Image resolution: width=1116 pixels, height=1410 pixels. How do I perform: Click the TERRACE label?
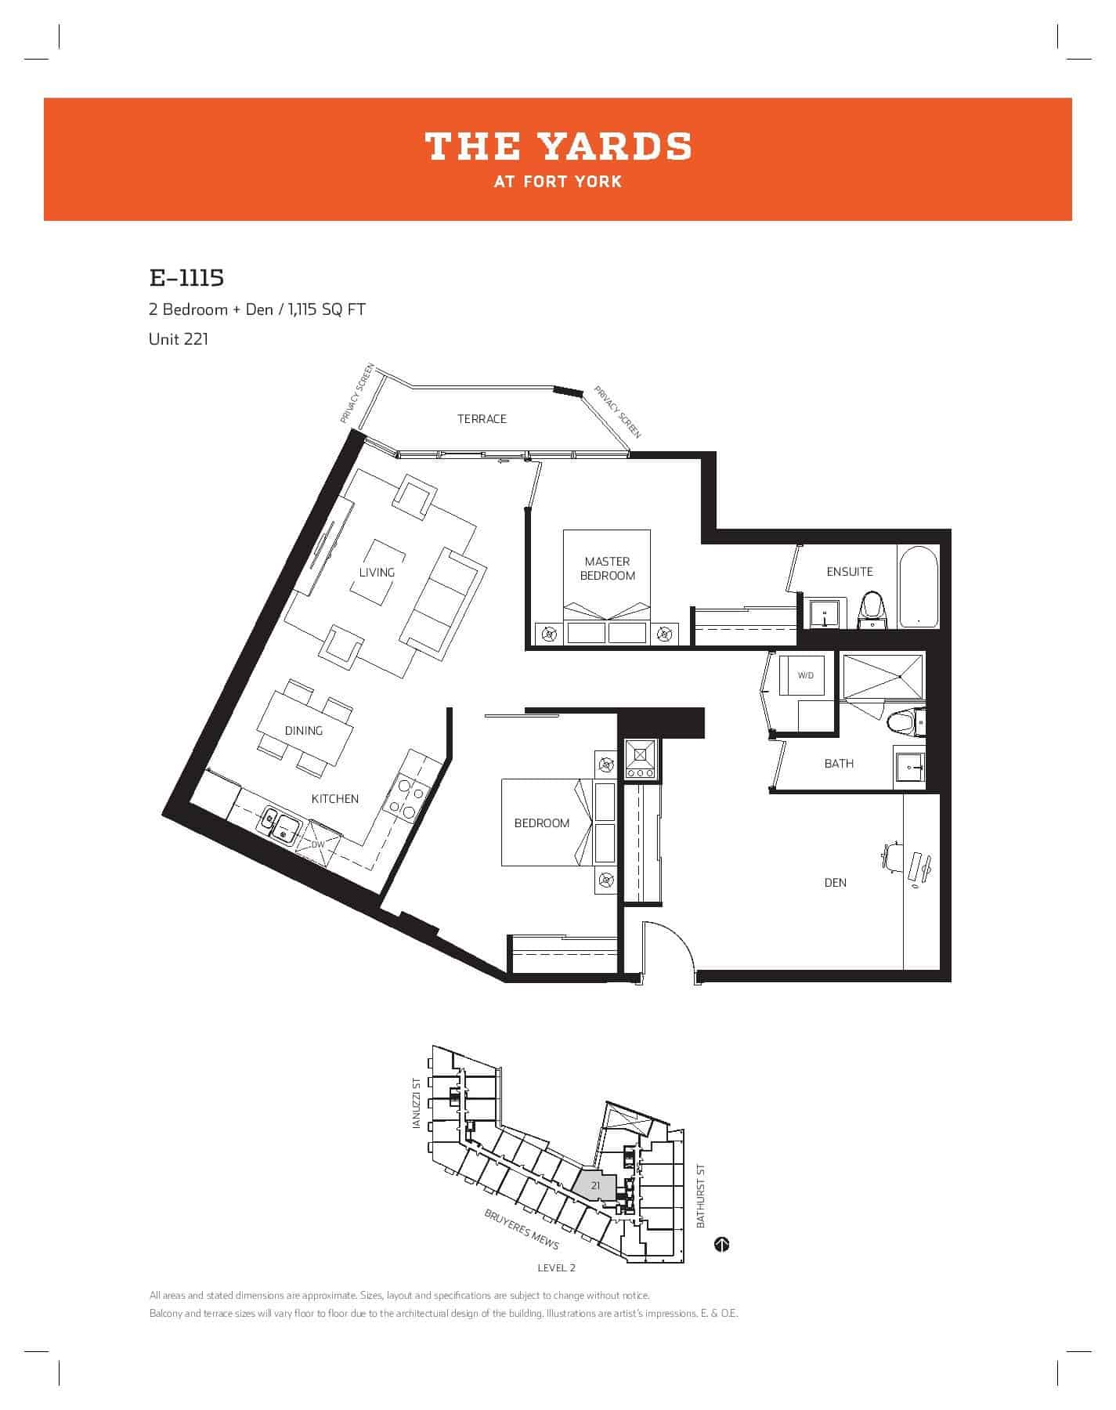[482, 419]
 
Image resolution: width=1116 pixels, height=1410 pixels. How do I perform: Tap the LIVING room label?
[377, 573]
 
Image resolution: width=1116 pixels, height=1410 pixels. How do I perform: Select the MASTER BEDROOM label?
[607, 569]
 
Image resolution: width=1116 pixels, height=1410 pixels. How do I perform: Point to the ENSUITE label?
[850, 572]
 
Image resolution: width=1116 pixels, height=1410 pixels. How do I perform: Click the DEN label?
[836, 883]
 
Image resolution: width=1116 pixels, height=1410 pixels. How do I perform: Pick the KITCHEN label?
[335, 799]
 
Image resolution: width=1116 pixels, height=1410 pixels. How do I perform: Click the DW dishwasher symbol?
[317, 844]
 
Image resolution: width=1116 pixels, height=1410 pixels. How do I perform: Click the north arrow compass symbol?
[722, 1244]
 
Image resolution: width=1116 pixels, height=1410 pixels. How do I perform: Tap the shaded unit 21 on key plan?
[594, 1186]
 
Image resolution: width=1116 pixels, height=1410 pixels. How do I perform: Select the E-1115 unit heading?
[186, 278]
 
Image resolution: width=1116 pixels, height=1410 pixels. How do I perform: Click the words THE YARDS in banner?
[558, 146]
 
